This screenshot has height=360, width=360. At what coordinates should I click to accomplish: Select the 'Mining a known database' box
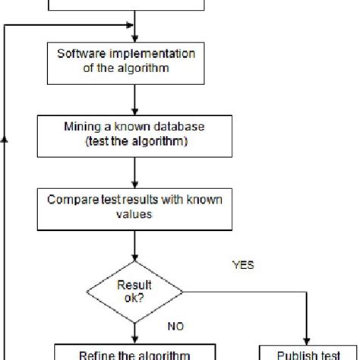[x=134, y=134]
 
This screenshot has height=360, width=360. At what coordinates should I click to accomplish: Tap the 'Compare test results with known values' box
[x=134, y=207]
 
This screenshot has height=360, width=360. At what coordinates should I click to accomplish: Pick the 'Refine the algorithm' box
[x=134, y=352]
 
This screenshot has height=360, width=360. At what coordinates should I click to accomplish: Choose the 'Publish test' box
[x=308, y=352]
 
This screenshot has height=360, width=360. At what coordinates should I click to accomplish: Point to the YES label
[x=243, y=266]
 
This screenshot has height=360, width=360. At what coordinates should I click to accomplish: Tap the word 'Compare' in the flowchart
[x=71, y=200]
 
